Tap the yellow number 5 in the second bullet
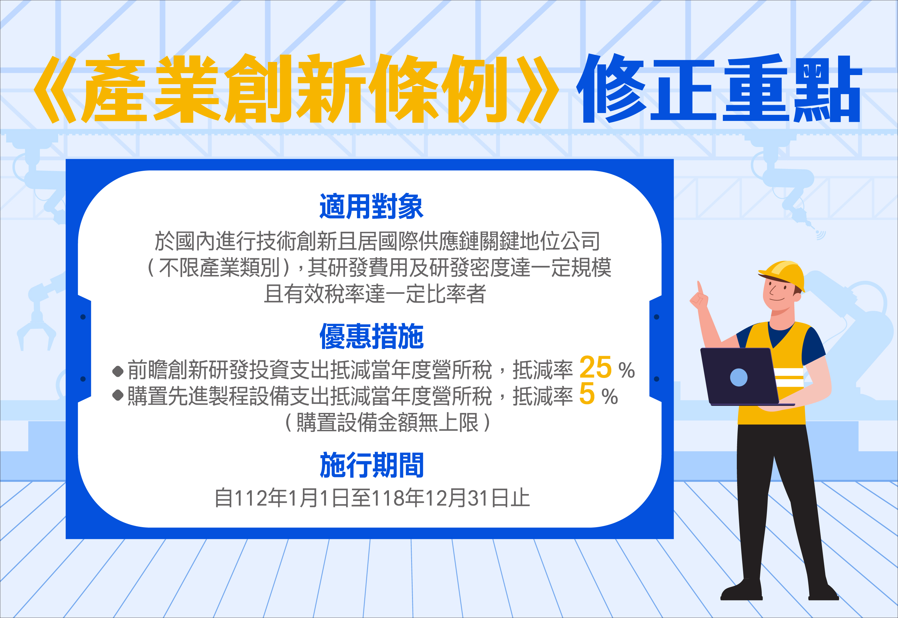click(587, 393)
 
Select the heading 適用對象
click(371, 206)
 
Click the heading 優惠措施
click(371, 336)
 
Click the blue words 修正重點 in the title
click(719, 89)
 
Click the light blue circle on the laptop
click(739, 377)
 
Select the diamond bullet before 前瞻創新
click(118, 371)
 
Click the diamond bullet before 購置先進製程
click(118, 395)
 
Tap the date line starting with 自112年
click(372, 498)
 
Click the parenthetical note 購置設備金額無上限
click(387, 422)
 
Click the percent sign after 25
click(626, 370)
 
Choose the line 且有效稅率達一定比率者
click(374, 294)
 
